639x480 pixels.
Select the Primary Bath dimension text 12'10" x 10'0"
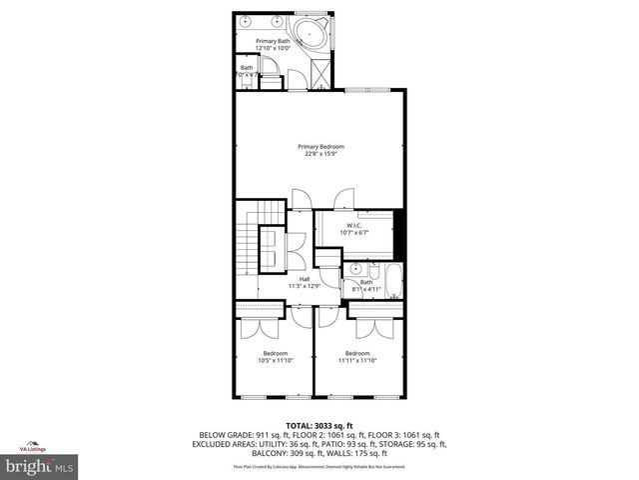point(272,48)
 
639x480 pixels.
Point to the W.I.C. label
point(353,225)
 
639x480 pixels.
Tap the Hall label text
point(305,279)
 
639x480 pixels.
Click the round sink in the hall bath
point(354,269)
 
